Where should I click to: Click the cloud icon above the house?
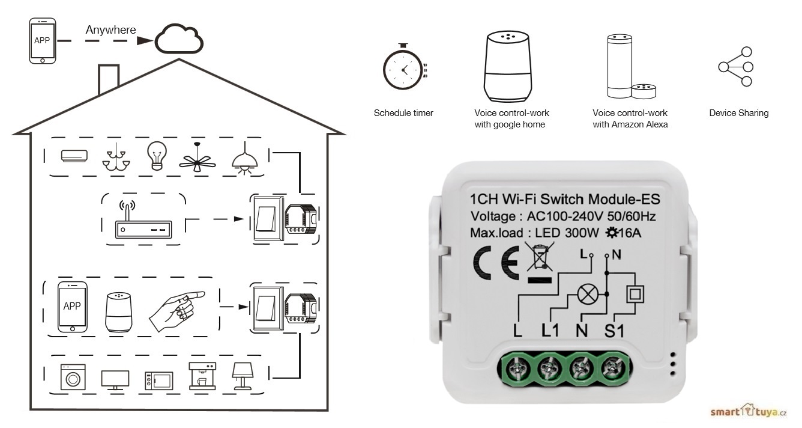[179, 40]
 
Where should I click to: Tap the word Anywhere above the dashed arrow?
[110, 29]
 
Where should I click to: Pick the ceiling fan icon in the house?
[197, 159]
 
